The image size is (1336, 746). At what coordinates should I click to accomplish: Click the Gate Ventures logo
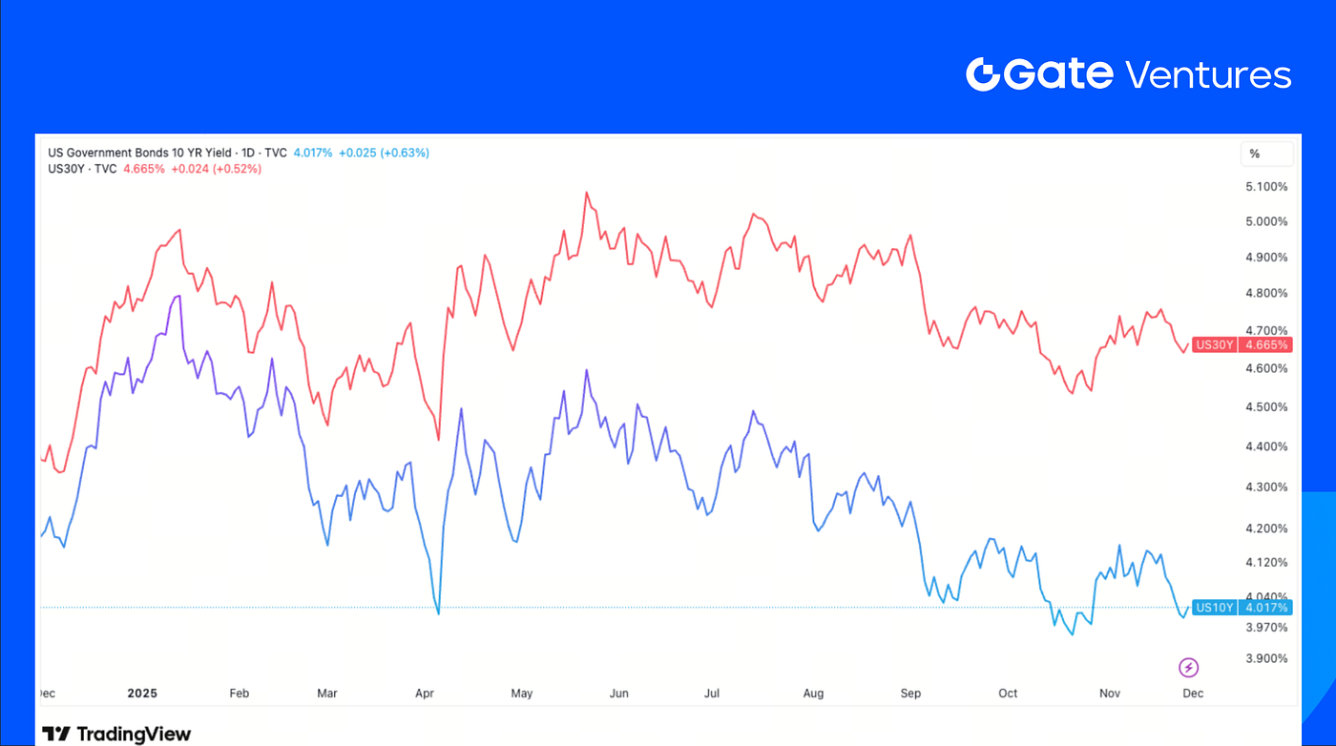tap(1128, 74)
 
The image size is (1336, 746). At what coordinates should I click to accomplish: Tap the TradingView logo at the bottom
tap(116, 734)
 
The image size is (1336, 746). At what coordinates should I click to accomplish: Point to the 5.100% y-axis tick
tap(1267, 186)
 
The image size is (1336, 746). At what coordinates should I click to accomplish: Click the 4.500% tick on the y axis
tap(1267, 407)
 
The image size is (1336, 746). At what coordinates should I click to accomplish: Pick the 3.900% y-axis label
tap(1267, 658)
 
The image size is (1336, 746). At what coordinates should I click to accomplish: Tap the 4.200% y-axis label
tap(1267, 528)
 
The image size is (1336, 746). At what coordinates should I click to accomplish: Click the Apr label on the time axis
tap(425, 694)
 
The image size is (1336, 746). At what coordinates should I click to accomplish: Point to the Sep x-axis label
tap(910, 694)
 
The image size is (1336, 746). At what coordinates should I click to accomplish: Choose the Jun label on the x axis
tap(619, 694)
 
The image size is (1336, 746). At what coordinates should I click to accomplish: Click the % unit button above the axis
tap(1254, 154)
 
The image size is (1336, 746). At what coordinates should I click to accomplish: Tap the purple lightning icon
tap(1188, 668)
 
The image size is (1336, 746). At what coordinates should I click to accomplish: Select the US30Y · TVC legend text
tap(83, 169)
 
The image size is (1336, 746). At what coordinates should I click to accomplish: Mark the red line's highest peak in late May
tap(585, 193)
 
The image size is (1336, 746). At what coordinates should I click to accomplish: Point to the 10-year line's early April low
tap(438, 613)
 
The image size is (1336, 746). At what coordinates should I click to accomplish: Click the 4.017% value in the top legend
tap(313, 153)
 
